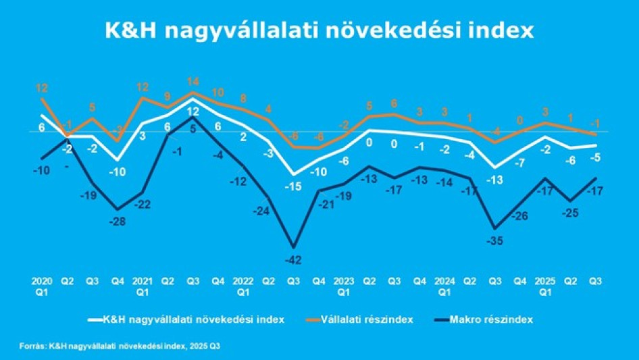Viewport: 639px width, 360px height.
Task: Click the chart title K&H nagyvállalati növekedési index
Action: click(x=319, y=32)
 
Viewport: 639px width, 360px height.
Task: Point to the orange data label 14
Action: click(x=193, y=82)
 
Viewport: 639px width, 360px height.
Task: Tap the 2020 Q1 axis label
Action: click(x=41, y=284)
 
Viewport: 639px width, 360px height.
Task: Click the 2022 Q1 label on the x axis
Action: click(x=243, y=284)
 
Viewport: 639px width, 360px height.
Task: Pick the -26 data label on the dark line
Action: click(x=521, y=215)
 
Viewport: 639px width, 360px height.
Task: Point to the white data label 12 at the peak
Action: click(x=193, y=112)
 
